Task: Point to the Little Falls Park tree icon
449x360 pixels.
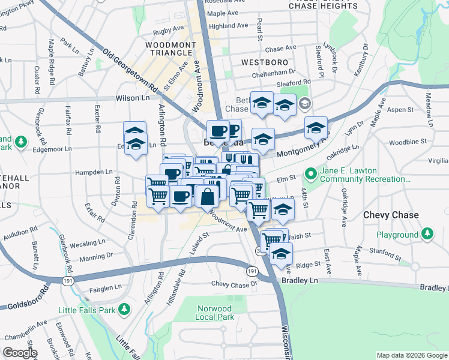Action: (125, 310)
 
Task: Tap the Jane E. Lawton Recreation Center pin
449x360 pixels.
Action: (311, 174)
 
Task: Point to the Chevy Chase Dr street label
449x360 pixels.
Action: (234, 283)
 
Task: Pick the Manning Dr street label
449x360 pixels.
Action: (96, 257)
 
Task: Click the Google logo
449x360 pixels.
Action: (19, 353)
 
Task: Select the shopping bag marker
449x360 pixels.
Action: (207, 196)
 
